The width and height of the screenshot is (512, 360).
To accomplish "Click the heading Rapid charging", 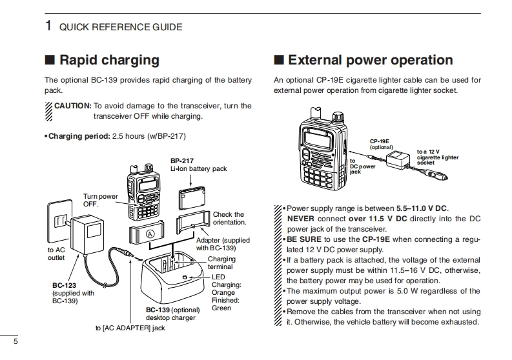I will pyautogui.click(x=108, y=60).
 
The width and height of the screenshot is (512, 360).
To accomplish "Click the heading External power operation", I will pyautogui.click(x=370, y=60).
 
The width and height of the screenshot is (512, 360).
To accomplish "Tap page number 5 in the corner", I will pyautogui.click(x=15, y=342).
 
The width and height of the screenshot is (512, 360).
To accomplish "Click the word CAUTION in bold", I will pyautogui.click(x=72, y=106).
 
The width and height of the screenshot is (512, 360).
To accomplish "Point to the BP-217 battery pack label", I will pyautogui.click(x=182, y=160).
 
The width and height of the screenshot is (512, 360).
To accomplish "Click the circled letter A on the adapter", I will pyautogui.click(x=150, y=234).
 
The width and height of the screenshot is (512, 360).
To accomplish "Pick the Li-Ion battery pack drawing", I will pyautogui.click(x=190, y=196).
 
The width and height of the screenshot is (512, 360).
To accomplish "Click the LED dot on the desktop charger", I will pyautogui.click(x=185, y=278).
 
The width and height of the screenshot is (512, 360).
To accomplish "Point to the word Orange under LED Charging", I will pyautogui.click(x=224, y=292).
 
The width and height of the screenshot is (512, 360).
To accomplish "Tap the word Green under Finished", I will pyautogui.click(x=222, y=308).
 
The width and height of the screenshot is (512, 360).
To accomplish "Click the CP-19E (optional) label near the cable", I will pyautogui.click(x=380, y=143).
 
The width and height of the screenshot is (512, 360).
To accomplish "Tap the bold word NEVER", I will pyautogui.click(x=302, y=219).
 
